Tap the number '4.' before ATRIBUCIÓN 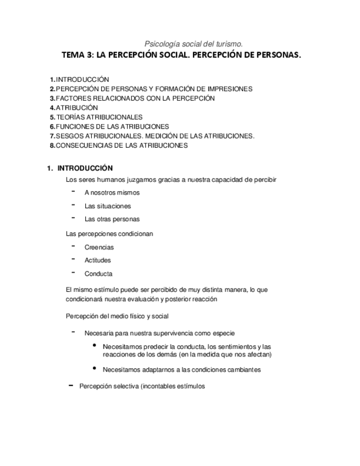coord(52,108)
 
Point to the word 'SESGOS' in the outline coord(68,136)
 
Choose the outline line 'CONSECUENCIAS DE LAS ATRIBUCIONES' coord(121,146)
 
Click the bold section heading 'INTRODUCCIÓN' coord(85,168)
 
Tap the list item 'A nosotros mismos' coord(112,193)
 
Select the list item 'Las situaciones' coord(108,206)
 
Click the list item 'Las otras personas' coord(112,219)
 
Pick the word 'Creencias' coord(99,247)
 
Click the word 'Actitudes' coord(97,260)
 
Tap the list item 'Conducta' coord(98,274)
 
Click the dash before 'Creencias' coord(73,246)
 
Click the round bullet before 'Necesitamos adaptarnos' coord(95,368)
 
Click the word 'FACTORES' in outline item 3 coord(71,98)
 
